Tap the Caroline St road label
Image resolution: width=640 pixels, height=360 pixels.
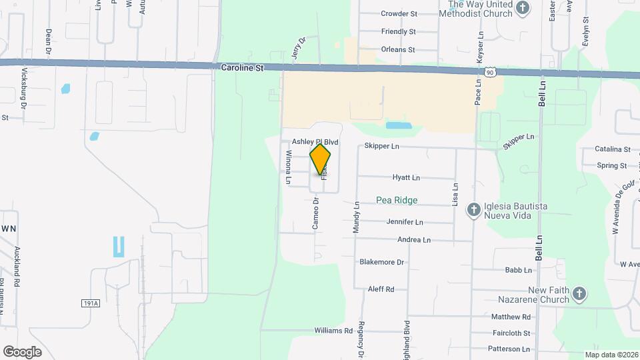241,68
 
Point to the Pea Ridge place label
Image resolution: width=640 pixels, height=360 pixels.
397,200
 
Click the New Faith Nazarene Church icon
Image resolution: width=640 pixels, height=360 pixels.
579,294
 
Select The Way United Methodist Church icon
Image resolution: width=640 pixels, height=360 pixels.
523,9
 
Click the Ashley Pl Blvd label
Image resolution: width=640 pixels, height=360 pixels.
315,143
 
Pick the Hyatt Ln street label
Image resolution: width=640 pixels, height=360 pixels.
406,178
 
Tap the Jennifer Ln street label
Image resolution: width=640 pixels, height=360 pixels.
405,222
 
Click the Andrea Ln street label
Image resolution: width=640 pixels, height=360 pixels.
414,240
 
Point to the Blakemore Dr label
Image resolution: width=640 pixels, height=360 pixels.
382,262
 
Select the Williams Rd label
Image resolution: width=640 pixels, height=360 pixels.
333,331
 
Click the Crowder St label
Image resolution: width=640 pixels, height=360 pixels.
399,13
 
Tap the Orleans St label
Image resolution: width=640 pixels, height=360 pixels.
398,49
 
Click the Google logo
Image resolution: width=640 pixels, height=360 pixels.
22,352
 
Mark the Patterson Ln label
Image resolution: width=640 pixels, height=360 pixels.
509,349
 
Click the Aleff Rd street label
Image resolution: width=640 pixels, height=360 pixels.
381,289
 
